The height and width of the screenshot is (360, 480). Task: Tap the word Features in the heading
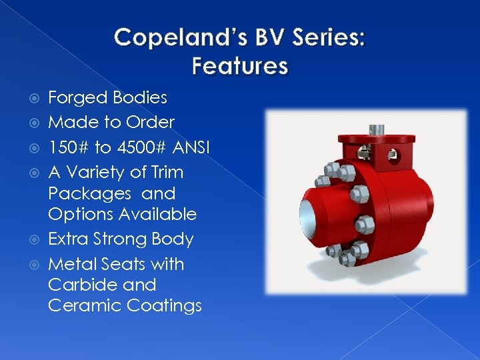pyautogui.click(x=240, y=66)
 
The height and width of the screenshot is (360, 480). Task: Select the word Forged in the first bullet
pyautogui.click(x=78, y=98)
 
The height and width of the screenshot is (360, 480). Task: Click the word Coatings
pyautogui.click(x=163, y=306)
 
